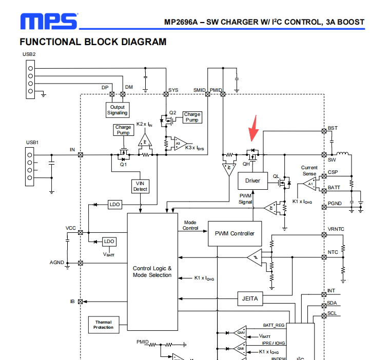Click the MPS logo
(48, 21)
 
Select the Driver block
(252, 181)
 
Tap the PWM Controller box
(235, 233)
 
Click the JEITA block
(250, 298)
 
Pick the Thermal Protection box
(103, 324)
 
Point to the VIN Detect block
(140, 186)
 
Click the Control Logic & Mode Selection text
(152, 271)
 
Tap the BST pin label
(333, 128)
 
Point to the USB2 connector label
(29, 54)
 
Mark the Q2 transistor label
(172, 112)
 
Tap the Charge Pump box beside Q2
(192, 117)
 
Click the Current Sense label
(309, 170)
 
